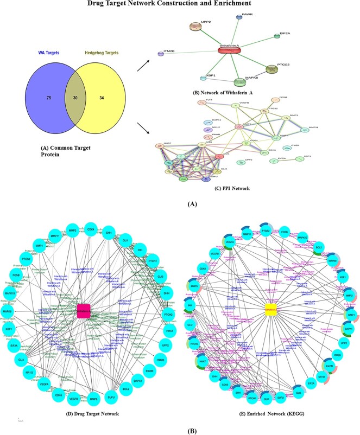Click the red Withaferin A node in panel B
(x=231, y=50)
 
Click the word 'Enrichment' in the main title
(x=243, y=4)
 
